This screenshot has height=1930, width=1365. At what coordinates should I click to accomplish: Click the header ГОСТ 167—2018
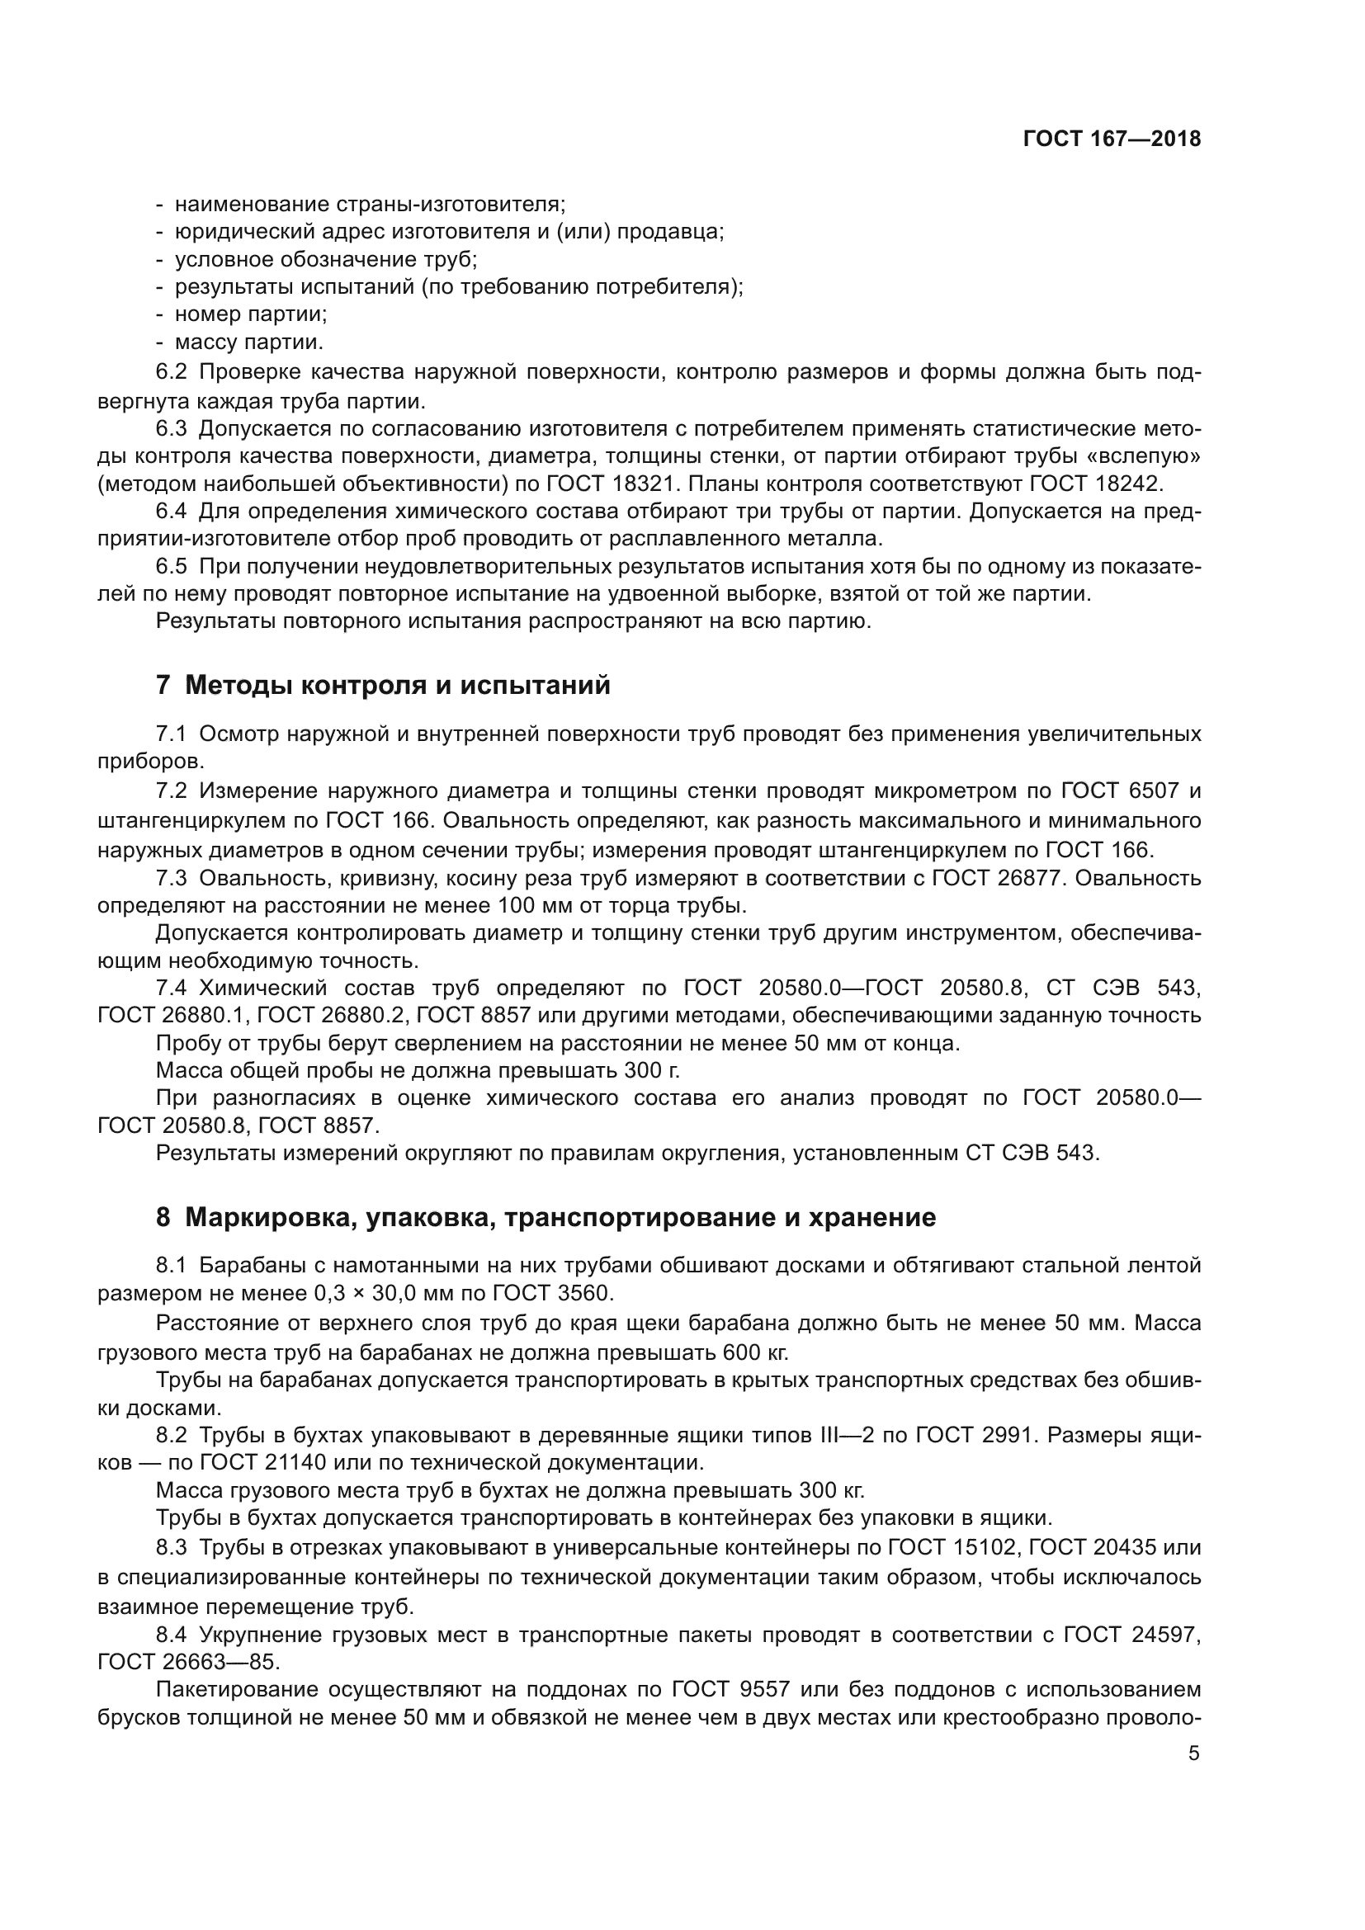coord(1111,139)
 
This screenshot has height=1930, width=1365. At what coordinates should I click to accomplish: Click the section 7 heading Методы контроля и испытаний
coord(383,686)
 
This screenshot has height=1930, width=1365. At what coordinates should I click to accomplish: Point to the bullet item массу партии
coord(248,342)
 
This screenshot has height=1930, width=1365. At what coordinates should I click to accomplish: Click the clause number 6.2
coord(172,372)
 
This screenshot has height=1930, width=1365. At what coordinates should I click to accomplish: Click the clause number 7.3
coord(172,879)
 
